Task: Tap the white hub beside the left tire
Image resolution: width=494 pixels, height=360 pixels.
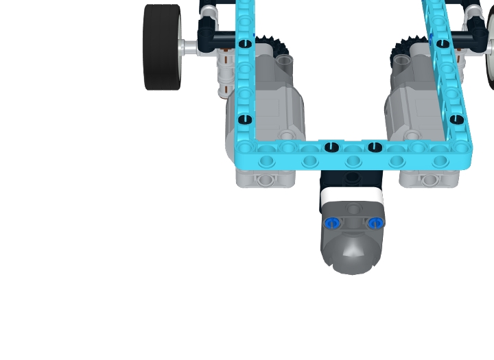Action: (x=187, y=47)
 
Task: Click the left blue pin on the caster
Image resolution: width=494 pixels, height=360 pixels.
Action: (x=332, y=223)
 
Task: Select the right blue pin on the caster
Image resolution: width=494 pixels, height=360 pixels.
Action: (x=374, y=223)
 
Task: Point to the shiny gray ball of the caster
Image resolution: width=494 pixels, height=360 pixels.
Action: (x=353, y=254)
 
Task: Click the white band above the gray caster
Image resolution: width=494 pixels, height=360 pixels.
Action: (x=351, y=195)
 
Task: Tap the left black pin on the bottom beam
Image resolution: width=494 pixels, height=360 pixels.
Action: (x=332, y=146)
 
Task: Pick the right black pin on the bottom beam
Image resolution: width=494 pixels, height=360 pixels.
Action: (x=374, y=146)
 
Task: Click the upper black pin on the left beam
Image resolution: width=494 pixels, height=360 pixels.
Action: (x=245, y=44)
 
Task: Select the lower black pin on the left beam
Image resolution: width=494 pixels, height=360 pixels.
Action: (x=245, y=120)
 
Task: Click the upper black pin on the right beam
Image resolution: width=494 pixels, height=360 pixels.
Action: (x=443, y=44)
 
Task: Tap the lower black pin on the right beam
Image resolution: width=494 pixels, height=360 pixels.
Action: (x=457, y=120)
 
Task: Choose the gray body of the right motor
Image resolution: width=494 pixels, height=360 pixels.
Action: (x=412, y=110)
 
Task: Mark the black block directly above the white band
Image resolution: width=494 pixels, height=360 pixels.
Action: (x=351, y=179)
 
